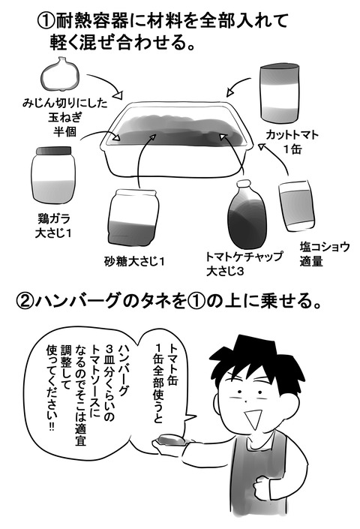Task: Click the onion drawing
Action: click(x=61, y=74)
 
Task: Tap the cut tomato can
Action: click(x=280, y=93)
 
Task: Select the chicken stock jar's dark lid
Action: click(x=53, y=151)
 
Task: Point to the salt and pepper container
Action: click(x=297, y=206)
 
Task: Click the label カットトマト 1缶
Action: click(x=292, y=142)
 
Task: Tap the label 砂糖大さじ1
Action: click(x=134, y=261)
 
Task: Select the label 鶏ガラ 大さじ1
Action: click(x=53, y=226)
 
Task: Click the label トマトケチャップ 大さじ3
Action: click(x=244, y=264)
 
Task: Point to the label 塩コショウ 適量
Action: click(x=324, y=254)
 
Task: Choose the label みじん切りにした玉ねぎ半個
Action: click(x=64, y=117)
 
